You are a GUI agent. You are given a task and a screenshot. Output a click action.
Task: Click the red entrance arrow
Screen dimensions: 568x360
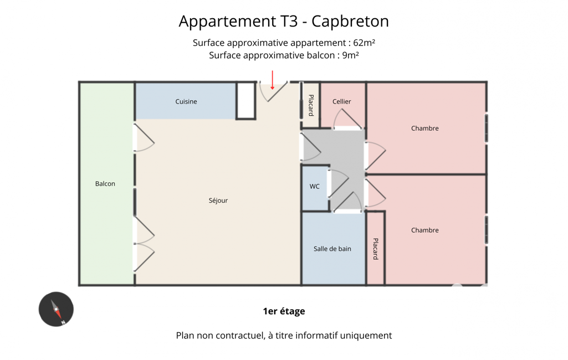click(273, 80)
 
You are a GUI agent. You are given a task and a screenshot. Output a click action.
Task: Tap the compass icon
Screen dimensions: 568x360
click(56, 309)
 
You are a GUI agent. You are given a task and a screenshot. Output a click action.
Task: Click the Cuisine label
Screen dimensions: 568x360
click(186, 102)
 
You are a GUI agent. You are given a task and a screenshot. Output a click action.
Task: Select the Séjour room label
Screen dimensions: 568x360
click(218, 200)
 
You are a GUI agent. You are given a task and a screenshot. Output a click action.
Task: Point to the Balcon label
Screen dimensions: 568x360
click(105, 184)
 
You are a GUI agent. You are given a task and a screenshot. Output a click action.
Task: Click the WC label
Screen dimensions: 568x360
click(314, 187)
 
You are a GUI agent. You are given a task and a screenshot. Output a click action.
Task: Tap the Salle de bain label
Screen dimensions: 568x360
click(332, 249)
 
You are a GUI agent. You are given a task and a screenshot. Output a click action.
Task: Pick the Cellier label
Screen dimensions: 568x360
click(341, 102)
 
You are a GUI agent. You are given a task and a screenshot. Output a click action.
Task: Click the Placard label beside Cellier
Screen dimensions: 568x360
click(311, 105)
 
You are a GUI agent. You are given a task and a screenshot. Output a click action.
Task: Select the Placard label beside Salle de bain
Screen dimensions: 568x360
click(376, 249)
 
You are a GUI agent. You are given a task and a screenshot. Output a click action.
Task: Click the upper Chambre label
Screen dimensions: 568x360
click(424, 128)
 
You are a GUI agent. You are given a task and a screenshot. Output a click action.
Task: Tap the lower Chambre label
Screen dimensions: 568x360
click(424, 230)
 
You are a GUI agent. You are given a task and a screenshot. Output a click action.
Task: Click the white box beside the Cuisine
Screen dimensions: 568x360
click(246, 101)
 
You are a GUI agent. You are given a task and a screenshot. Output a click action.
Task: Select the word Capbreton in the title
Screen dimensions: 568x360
click(350, 22)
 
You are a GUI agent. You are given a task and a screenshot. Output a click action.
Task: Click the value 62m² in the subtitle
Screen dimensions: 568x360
click(364, 43)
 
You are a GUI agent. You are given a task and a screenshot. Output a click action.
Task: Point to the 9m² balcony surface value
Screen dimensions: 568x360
click(351, 55)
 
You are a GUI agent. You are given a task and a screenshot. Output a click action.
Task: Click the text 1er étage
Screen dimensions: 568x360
click(284, 311)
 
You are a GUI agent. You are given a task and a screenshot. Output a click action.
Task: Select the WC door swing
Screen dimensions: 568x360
click(339, 183)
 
